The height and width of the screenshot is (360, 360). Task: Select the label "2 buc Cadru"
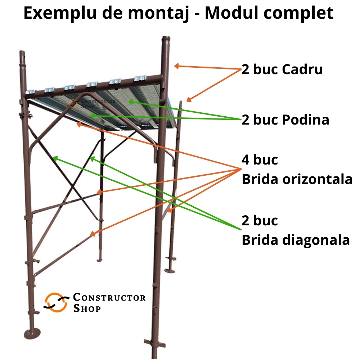click(x=282, y=69)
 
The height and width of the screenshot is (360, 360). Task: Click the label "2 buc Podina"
click(x=285, y=120)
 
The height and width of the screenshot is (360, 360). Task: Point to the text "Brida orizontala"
click(x=297, y=179)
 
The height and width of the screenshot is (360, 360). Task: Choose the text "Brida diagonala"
click(x=296, y=239)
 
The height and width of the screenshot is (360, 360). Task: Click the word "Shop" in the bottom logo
click(x=87, y=309)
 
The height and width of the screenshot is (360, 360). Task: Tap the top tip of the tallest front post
click(x=166, y=38)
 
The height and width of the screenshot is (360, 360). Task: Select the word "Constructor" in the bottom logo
click(x=109, y=298)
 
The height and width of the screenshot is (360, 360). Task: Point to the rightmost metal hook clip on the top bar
click(x=140, y=78)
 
